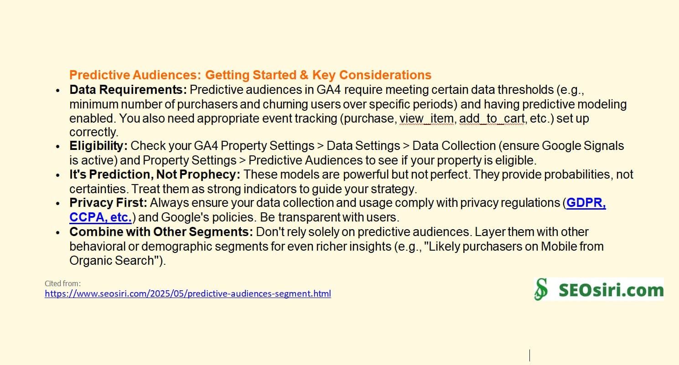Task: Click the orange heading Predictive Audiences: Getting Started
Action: pos(250,75)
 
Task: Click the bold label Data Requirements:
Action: pos(128,90)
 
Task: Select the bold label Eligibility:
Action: pos(98,146)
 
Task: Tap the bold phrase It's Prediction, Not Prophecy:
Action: pos(155,175)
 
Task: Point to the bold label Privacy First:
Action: pos(108,203)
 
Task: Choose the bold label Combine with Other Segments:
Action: pos(161,232)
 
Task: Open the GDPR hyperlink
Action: pos(586,203)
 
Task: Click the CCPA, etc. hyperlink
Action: pos(100,217)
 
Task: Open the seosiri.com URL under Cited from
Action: pos(187,293)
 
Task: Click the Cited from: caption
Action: pos(62,283)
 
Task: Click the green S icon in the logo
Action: pos(541,290)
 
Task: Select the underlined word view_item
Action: pos(426,119)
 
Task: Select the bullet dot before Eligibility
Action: pos(57,147)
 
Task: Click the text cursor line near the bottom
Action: pos(529,355)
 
